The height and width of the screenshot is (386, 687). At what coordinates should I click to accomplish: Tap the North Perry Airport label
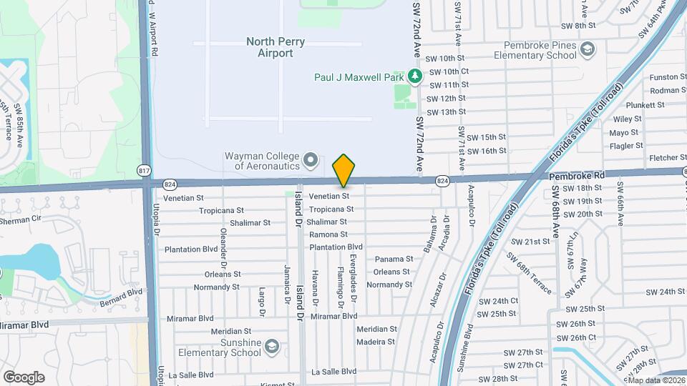click(x=276, y=47)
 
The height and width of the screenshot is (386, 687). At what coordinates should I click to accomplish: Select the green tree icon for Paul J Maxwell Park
click(x=414, y=76)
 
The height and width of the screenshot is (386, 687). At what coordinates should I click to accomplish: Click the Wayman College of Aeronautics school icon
click(x=311, y=159)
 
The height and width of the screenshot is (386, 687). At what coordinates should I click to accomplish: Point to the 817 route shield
click(x=145, y=169)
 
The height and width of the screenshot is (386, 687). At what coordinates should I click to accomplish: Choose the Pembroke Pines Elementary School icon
click(x=588, y=49)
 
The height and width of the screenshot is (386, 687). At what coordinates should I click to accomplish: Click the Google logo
click(x=24, y=377)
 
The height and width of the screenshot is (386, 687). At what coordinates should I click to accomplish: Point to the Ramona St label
click(x=328, y=234)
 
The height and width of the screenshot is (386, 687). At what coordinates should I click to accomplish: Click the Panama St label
click(x=394, y=259)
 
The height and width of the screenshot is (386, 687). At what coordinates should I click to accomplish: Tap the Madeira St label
click(x=376, y=342)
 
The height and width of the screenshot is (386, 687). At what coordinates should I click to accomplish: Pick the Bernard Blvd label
click(x=122, y=294)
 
